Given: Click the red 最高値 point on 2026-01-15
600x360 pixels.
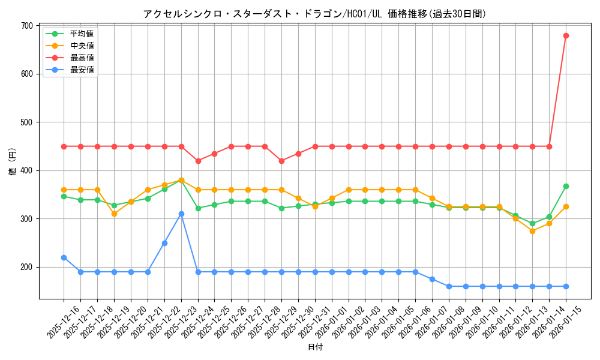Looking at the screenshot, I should [566, 35].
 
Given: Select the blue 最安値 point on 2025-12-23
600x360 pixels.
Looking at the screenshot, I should [181, 214].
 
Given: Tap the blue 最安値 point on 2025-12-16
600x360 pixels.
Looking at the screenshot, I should [64, 257].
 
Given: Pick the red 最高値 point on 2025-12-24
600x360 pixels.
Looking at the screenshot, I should [198, 161].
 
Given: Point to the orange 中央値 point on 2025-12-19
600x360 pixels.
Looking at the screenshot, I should [114, 214].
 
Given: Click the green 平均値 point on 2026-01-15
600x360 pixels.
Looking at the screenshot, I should [566, 186].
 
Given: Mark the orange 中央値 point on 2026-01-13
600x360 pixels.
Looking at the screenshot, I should [532, 231].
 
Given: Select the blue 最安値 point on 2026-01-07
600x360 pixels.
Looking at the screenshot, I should [432, 279].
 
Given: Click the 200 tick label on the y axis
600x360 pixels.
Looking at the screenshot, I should [26, 267].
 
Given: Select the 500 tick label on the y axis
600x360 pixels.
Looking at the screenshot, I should [26, 122].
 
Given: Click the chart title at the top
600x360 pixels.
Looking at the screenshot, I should [314, 14].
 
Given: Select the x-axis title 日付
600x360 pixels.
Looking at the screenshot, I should [314, 347].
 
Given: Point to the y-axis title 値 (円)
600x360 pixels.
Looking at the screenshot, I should [12, 162].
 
